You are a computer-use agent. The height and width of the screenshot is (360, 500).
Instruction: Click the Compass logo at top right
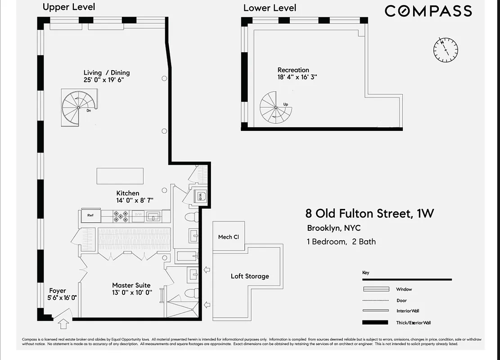[x=428, y=11]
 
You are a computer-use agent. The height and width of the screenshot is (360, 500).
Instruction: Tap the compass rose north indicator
[x=446, y=49]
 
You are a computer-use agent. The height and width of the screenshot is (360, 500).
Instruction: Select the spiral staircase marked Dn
[x=78, y=108]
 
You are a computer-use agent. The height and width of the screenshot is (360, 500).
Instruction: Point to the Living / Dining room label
[x=107, y=72]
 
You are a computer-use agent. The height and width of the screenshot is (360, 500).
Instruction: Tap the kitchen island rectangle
[x=120, y=176]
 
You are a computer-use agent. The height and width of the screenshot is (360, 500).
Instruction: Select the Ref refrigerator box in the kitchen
[x=90, y=216]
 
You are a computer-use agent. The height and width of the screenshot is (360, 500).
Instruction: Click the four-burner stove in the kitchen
[x=121, y=216]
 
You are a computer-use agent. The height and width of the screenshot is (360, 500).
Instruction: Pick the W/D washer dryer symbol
[x=199, y=197]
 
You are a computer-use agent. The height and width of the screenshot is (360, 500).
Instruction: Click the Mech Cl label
[x=228, y=237]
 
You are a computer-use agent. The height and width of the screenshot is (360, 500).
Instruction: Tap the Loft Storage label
[x=250, y=276]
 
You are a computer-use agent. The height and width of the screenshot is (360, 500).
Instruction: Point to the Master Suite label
[x=131, y=285]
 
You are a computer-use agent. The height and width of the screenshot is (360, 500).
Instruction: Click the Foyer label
[x=58, y=291]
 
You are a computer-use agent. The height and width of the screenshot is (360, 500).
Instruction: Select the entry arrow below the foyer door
[x=64, y=323]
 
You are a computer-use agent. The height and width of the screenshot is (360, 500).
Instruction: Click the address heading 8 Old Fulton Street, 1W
[x=369, y=213]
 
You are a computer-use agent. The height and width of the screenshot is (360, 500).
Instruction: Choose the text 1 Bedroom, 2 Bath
[x=341, y=242]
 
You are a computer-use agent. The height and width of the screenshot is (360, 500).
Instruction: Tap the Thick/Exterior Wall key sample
[x=375, y=322]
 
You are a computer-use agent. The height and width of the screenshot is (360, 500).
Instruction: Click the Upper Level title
[x=69, y=7]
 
